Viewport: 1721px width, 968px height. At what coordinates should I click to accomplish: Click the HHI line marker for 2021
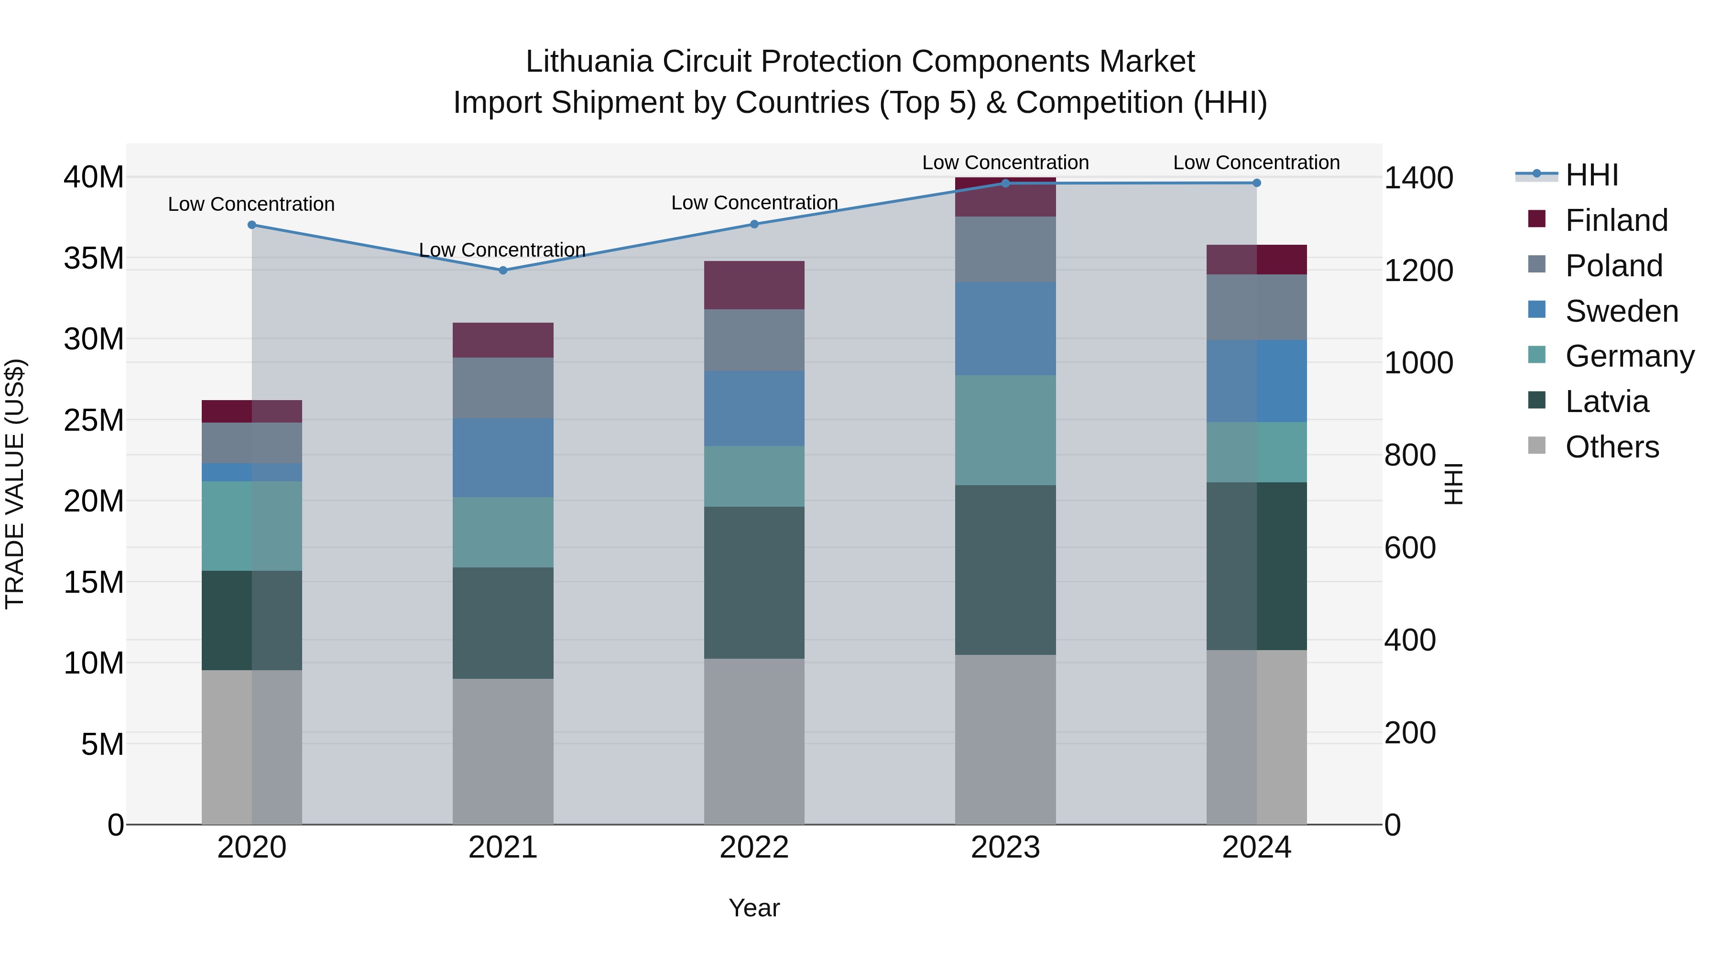[503, 271]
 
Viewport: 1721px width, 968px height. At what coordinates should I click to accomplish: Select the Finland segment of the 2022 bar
[754, 285]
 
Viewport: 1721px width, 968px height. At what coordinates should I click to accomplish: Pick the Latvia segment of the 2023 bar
[1005, 570]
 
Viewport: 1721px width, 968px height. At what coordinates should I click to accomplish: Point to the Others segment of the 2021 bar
[503, 751]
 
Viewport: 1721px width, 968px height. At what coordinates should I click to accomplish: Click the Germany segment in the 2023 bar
[1005, 430]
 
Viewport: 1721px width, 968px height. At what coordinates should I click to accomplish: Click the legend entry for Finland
[1616, 220]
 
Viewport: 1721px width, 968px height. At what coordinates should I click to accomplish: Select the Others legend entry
[1612, 447]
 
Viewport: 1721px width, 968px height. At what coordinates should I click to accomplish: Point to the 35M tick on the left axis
[94, 258]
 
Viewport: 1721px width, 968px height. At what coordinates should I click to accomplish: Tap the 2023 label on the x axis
[1005, 848]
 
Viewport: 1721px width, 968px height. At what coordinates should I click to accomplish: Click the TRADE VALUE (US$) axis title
[15, 484]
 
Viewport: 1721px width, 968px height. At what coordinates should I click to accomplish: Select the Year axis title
[754, 908]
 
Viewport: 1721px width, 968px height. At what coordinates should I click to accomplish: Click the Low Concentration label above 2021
[502, 250]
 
